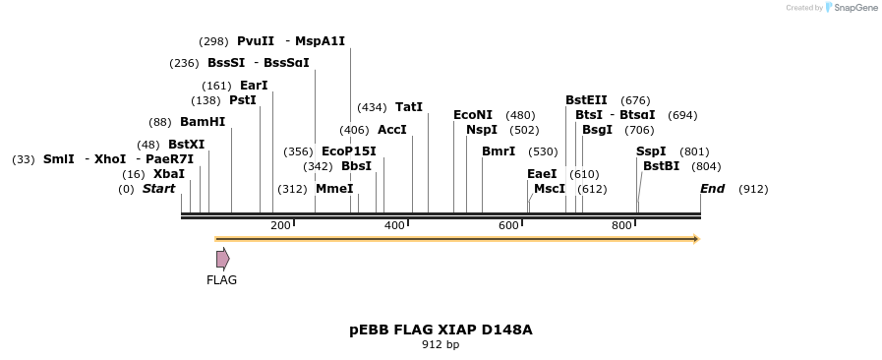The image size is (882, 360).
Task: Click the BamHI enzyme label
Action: [x=203, y=122]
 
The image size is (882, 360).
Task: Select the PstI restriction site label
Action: [x=243, y=100]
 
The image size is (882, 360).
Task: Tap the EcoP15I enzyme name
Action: [x=349, y=151]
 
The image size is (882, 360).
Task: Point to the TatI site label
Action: [x=409, y=107]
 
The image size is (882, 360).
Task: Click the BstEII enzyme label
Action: [x=586, y=100]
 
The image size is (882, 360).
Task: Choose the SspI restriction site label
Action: [x=651, y=151]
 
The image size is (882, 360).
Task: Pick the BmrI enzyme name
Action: [x=499, y=151]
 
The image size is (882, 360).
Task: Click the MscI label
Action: [x=550, y=189]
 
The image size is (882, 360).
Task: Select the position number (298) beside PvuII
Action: [x=213, y=41]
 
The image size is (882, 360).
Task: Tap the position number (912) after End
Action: [x=753, y=189]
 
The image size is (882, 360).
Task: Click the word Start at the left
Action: [x=158, y=189]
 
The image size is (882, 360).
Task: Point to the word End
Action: [x=712, y=189]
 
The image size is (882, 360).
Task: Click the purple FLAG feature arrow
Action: [x=223, y=259]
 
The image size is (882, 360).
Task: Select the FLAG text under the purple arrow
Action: [x=221, y=280]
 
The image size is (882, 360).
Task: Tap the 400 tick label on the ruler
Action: [x=394, y=226]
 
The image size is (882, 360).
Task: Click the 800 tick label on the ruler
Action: [x=621, y=226]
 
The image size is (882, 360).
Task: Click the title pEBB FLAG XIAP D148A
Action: [x=441, y=330]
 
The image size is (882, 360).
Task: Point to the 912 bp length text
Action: [x=441, y=345]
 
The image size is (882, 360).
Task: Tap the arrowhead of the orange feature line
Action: [x=696, y=239]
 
